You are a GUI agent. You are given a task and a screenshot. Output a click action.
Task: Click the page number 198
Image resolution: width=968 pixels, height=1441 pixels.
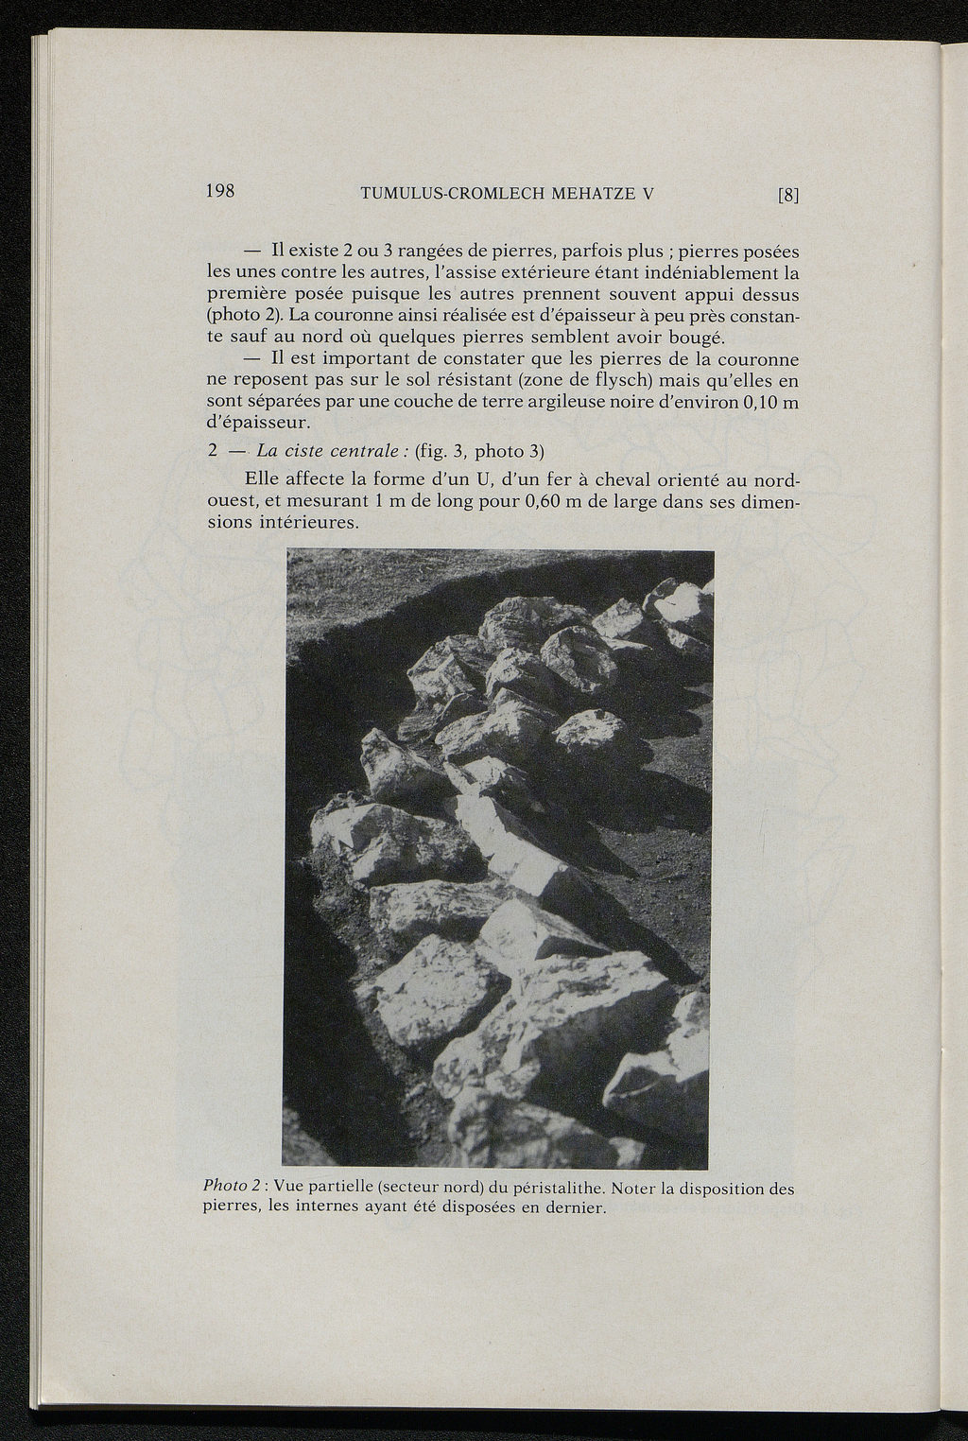(220, 190)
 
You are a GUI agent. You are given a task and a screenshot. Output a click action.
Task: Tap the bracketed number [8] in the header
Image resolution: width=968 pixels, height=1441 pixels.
(788, 196)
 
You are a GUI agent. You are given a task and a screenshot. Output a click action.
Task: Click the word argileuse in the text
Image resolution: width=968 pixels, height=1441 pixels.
(525, 403)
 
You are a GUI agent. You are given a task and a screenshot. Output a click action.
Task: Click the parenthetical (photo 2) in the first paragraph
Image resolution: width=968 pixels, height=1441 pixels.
(247, 316)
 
